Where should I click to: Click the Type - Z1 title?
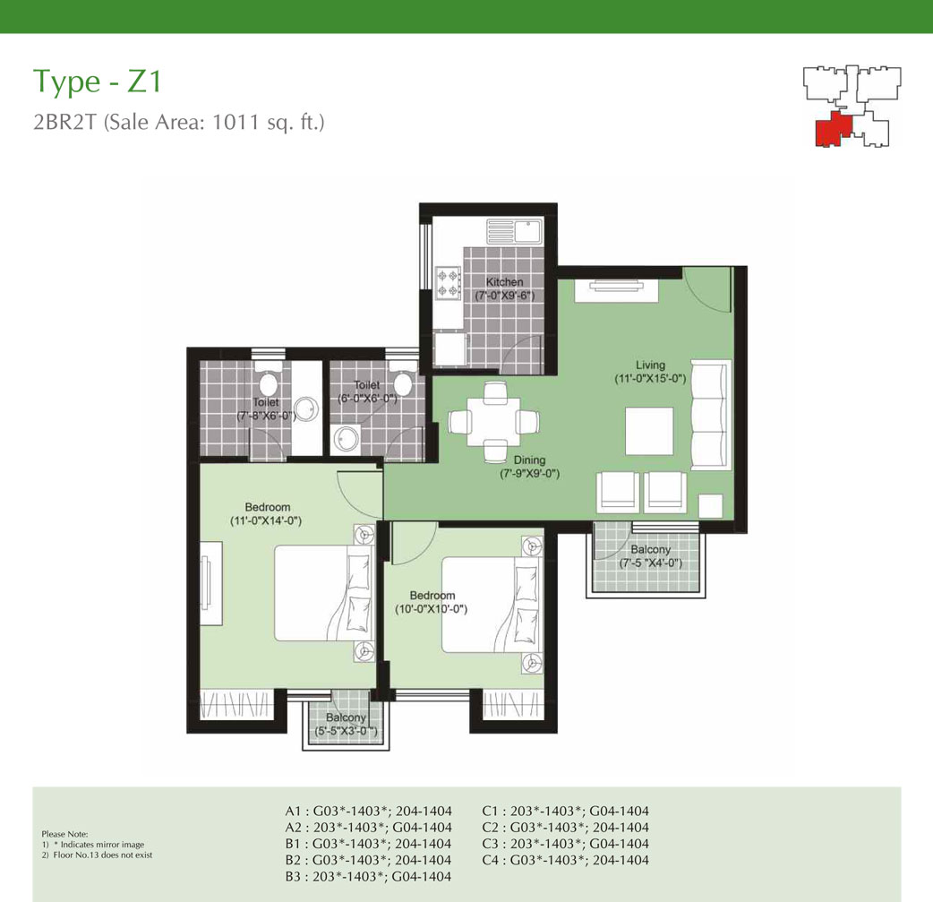tap(97, 82)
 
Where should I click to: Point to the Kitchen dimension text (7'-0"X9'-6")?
tap(505, 296)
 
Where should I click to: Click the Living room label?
tap(650, 365)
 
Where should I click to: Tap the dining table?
tap(494, 422)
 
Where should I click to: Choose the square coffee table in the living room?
tap(649, 431)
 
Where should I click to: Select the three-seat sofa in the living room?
tap(710, 415)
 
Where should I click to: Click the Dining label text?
tap(529, 460)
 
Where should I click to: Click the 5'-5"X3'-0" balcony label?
tap(346, 731)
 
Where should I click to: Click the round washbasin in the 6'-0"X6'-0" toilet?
tap(345, 440)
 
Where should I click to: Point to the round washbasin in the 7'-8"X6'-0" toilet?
tap(307, 410)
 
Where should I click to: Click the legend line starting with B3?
tap(368, 876)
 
